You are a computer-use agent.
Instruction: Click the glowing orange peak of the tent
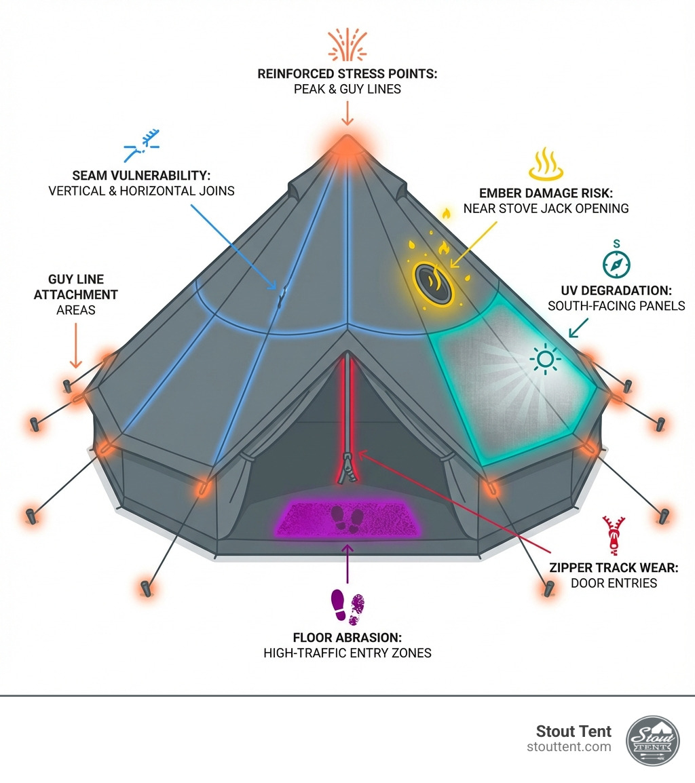coord(347,143)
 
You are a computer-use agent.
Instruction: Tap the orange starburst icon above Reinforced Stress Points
coord(347,46)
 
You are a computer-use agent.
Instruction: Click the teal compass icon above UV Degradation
coord(616,262)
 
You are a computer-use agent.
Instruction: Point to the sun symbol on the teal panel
coord(544,358)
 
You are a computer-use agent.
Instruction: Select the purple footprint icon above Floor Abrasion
coord(347,607)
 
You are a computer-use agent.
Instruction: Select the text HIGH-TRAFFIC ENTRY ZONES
coord(347,653)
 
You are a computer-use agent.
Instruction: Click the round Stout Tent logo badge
coord(652,740)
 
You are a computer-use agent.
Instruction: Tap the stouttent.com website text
coord(569,747)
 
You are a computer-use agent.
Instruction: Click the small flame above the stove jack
coord(446,214)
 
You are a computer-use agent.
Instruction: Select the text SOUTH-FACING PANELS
coord(616,306)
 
